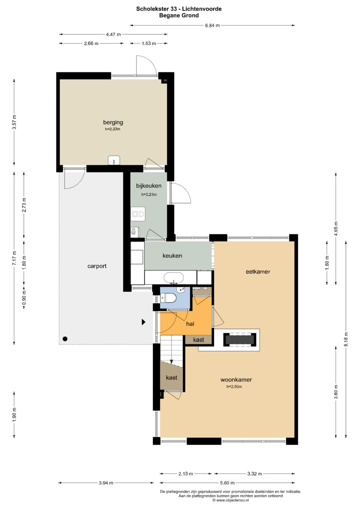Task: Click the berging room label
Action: click(x=113, y=122)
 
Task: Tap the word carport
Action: click(x=97, y=266)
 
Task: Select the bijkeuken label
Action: click(x=149, y=186)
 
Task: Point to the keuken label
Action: click(x=172, y=256)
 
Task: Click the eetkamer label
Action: click(x=258, y=272)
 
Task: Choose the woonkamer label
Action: click(x=236, y=379)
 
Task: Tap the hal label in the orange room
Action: click(x=190, y=324)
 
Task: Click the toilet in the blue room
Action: click(x=168, y=298)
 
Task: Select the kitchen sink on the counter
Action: click(x=174, y=278)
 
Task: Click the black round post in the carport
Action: click(x=65, y=339)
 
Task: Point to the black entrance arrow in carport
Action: click(x=143, y=322)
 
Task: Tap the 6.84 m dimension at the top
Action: click(x=212, y=25)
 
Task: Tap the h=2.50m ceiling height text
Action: click(x=234, y=387)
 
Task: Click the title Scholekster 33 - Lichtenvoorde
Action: click(x=179, y=9)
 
